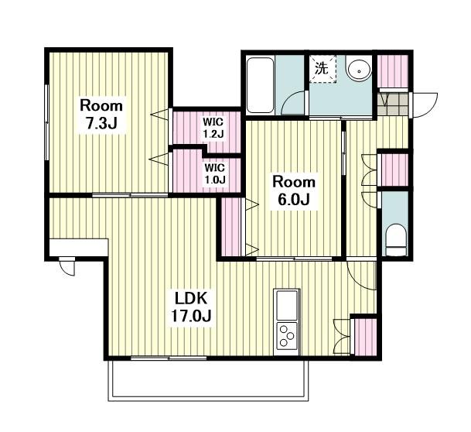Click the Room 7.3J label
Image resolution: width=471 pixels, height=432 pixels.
click(101, 115)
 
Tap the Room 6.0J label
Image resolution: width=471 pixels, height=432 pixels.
click(294, 191)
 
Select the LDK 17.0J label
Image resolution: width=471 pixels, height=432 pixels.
click(191, 307)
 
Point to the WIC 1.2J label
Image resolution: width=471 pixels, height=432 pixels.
click(213, 128)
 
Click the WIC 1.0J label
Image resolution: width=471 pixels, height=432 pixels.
click(215, 173)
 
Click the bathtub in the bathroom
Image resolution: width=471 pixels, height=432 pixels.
click(260, 84)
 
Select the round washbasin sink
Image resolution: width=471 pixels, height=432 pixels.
click(359, 70)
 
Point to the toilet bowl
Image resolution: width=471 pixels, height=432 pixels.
click(395, 240)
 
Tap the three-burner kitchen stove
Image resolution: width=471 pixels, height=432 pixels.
click(287, 337)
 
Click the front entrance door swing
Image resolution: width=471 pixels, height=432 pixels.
click(424, 105)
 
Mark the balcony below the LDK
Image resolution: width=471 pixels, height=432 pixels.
click(209, 380)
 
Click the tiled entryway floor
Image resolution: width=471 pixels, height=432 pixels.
click(393, 105)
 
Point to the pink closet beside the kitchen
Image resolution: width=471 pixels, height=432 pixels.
click(365, 337)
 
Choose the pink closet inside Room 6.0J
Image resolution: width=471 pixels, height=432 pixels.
click(231, 227)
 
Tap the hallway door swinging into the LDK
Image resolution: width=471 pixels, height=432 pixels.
click(362, 275)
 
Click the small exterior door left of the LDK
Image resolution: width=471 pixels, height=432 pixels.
click(67, 267)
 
